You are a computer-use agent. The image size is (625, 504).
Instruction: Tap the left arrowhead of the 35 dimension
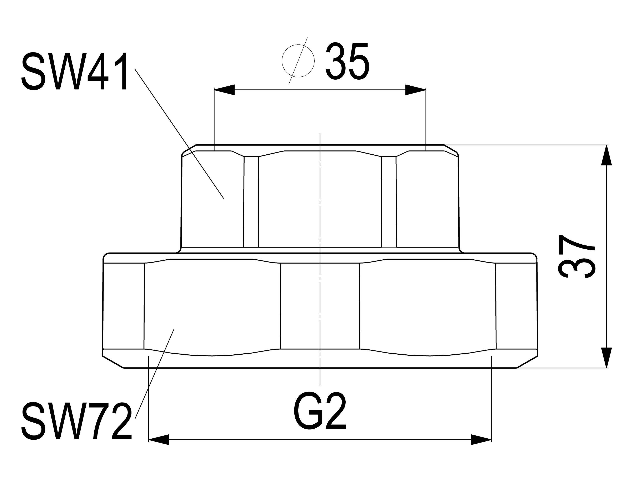tap(224, 90)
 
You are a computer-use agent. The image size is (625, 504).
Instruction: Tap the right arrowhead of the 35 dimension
tap(416, 90)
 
